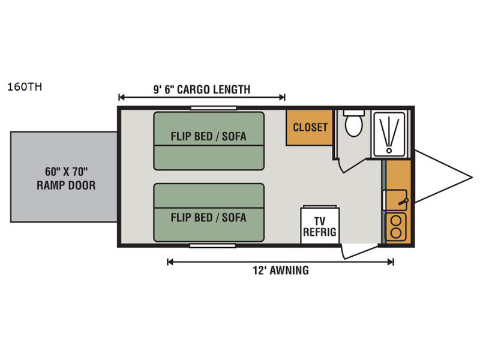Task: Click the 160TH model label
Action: (25, 86)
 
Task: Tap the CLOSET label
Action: (310, 127)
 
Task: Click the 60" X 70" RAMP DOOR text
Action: (66, 178)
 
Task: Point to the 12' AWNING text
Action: (280, 271)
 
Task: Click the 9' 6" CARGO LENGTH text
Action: (202, 90)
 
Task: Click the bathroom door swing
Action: (346, 163)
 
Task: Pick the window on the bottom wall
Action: (214, 245)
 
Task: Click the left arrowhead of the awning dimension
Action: (169, 262)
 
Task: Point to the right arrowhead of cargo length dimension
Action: (283, 97)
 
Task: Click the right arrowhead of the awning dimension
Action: (392, 262)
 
